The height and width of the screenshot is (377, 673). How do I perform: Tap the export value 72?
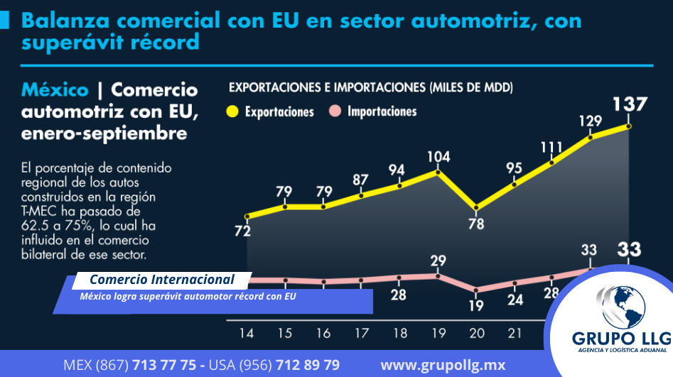pyautogui.click(x=243, y=231)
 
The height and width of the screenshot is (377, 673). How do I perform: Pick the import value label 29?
pyautogui.click(x=438, y=261)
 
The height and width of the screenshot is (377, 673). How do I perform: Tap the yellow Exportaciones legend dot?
pyautogui.click(x=232, y=111)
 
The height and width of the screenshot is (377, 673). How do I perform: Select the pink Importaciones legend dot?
pyautogui.click(x=336, y=111)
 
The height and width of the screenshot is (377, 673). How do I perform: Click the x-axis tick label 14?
pyautogui.click(x=247, y=333)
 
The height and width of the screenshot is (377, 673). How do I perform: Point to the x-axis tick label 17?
pyautogui.click(x=361, y=333)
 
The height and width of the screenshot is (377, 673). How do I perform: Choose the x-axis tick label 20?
pyautogui.click(x=475, y=333)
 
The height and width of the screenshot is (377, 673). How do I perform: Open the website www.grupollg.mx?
pyautogui.click(x=443, y=365)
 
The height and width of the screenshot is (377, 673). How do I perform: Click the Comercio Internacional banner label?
pyautogui.click(x=162, y=279)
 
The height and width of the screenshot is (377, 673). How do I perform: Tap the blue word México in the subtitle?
pyautogui.click(x=55, y=90)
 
